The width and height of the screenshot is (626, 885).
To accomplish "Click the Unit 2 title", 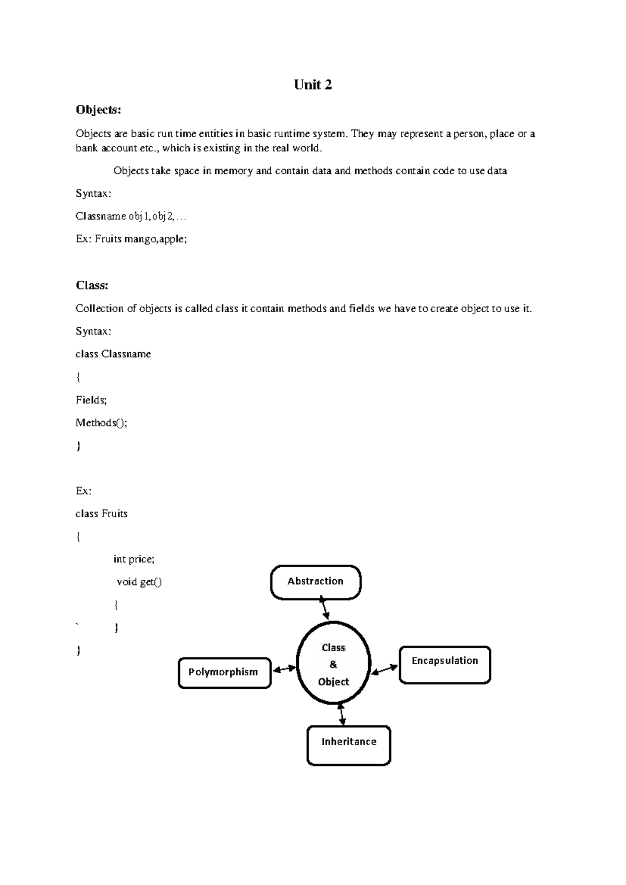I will [312, 85].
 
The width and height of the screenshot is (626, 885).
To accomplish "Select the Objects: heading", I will [98, 110].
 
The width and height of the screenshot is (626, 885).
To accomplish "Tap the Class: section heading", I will [92, 285].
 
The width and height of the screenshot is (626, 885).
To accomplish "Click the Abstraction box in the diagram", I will [316, 582].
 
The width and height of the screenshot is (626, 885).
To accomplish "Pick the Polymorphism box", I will [224, 673].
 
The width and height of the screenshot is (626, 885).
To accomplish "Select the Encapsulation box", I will [444, 664].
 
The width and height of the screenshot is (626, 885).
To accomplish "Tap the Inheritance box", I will [348, 745].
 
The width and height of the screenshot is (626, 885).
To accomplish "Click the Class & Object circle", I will [333, 664].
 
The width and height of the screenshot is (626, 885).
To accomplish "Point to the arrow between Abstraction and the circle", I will [324, 609].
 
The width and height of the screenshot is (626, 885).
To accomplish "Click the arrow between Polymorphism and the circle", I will [284, 668].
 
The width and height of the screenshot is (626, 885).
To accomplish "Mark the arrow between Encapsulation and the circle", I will [384, 668].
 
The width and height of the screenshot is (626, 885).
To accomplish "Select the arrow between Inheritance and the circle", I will [342, 714].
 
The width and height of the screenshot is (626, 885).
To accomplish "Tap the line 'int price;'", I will [134, 559].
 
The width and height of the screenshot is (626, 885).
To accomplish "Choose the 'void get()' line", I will [139, 582].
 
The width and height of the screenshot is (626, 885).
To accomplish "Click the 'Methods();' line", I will [101, 423].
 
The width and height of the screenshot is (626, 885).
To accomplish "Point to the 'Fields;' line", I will [91, 400].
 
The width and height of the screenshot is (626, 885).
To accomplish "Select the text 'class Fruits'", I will [101, 514].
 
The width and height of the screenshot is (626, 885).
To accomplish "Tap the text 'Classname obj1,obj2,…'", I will [130, 217].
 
